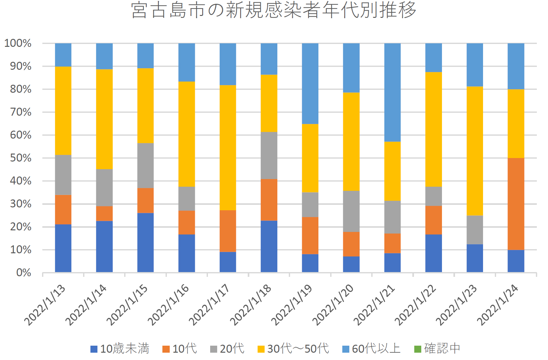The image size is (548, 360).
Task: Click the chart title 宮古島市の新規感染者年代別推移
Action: pos(274,10)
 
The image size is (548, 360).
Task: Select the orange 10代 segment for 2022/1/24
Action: pos(516,204)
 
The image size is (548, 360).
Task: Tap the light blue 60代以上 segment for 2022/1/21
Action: pos(392,92)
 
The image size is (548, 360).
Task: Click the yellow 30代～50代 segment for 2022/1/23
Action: pos(475,151)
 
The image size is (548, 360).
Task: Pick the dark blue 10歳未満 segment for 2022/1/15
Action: pos(146,242)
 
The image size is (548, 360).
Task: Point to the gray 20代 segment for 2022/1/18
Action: pos(269,155)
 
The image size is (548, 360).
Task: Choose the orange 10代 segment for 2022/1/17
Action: pos(228,231)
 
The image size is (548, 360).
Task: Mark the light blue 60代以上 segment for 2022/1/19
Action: pos(310,83)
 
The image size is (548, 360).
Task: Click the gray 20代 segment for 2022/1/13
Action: pos(63,175)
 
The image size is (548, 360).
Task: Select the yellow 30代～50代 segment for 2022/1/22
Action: pos(434,129)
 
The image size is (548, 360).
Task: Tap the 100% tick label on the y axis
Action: pos(18,43)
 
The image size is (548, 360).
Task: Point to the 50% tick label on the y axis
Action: pos(21,158)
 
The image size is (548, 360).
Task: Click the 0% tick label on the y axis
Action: pos(24,273)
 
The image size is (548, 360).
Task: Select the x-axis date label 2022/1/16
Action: pos(168,305)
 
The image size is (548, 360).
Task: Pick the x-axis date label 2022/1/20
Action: pos(333,305)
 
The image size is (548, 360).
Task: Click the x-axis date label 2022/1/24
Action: pos(498,305)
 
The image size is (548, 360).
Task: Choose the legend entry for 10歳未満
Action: pos(120,349)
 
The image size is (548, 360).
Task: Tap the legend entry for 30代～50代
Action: pos(293,349)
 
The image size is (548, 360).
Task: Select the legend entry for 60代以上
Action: pos(371,349)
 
